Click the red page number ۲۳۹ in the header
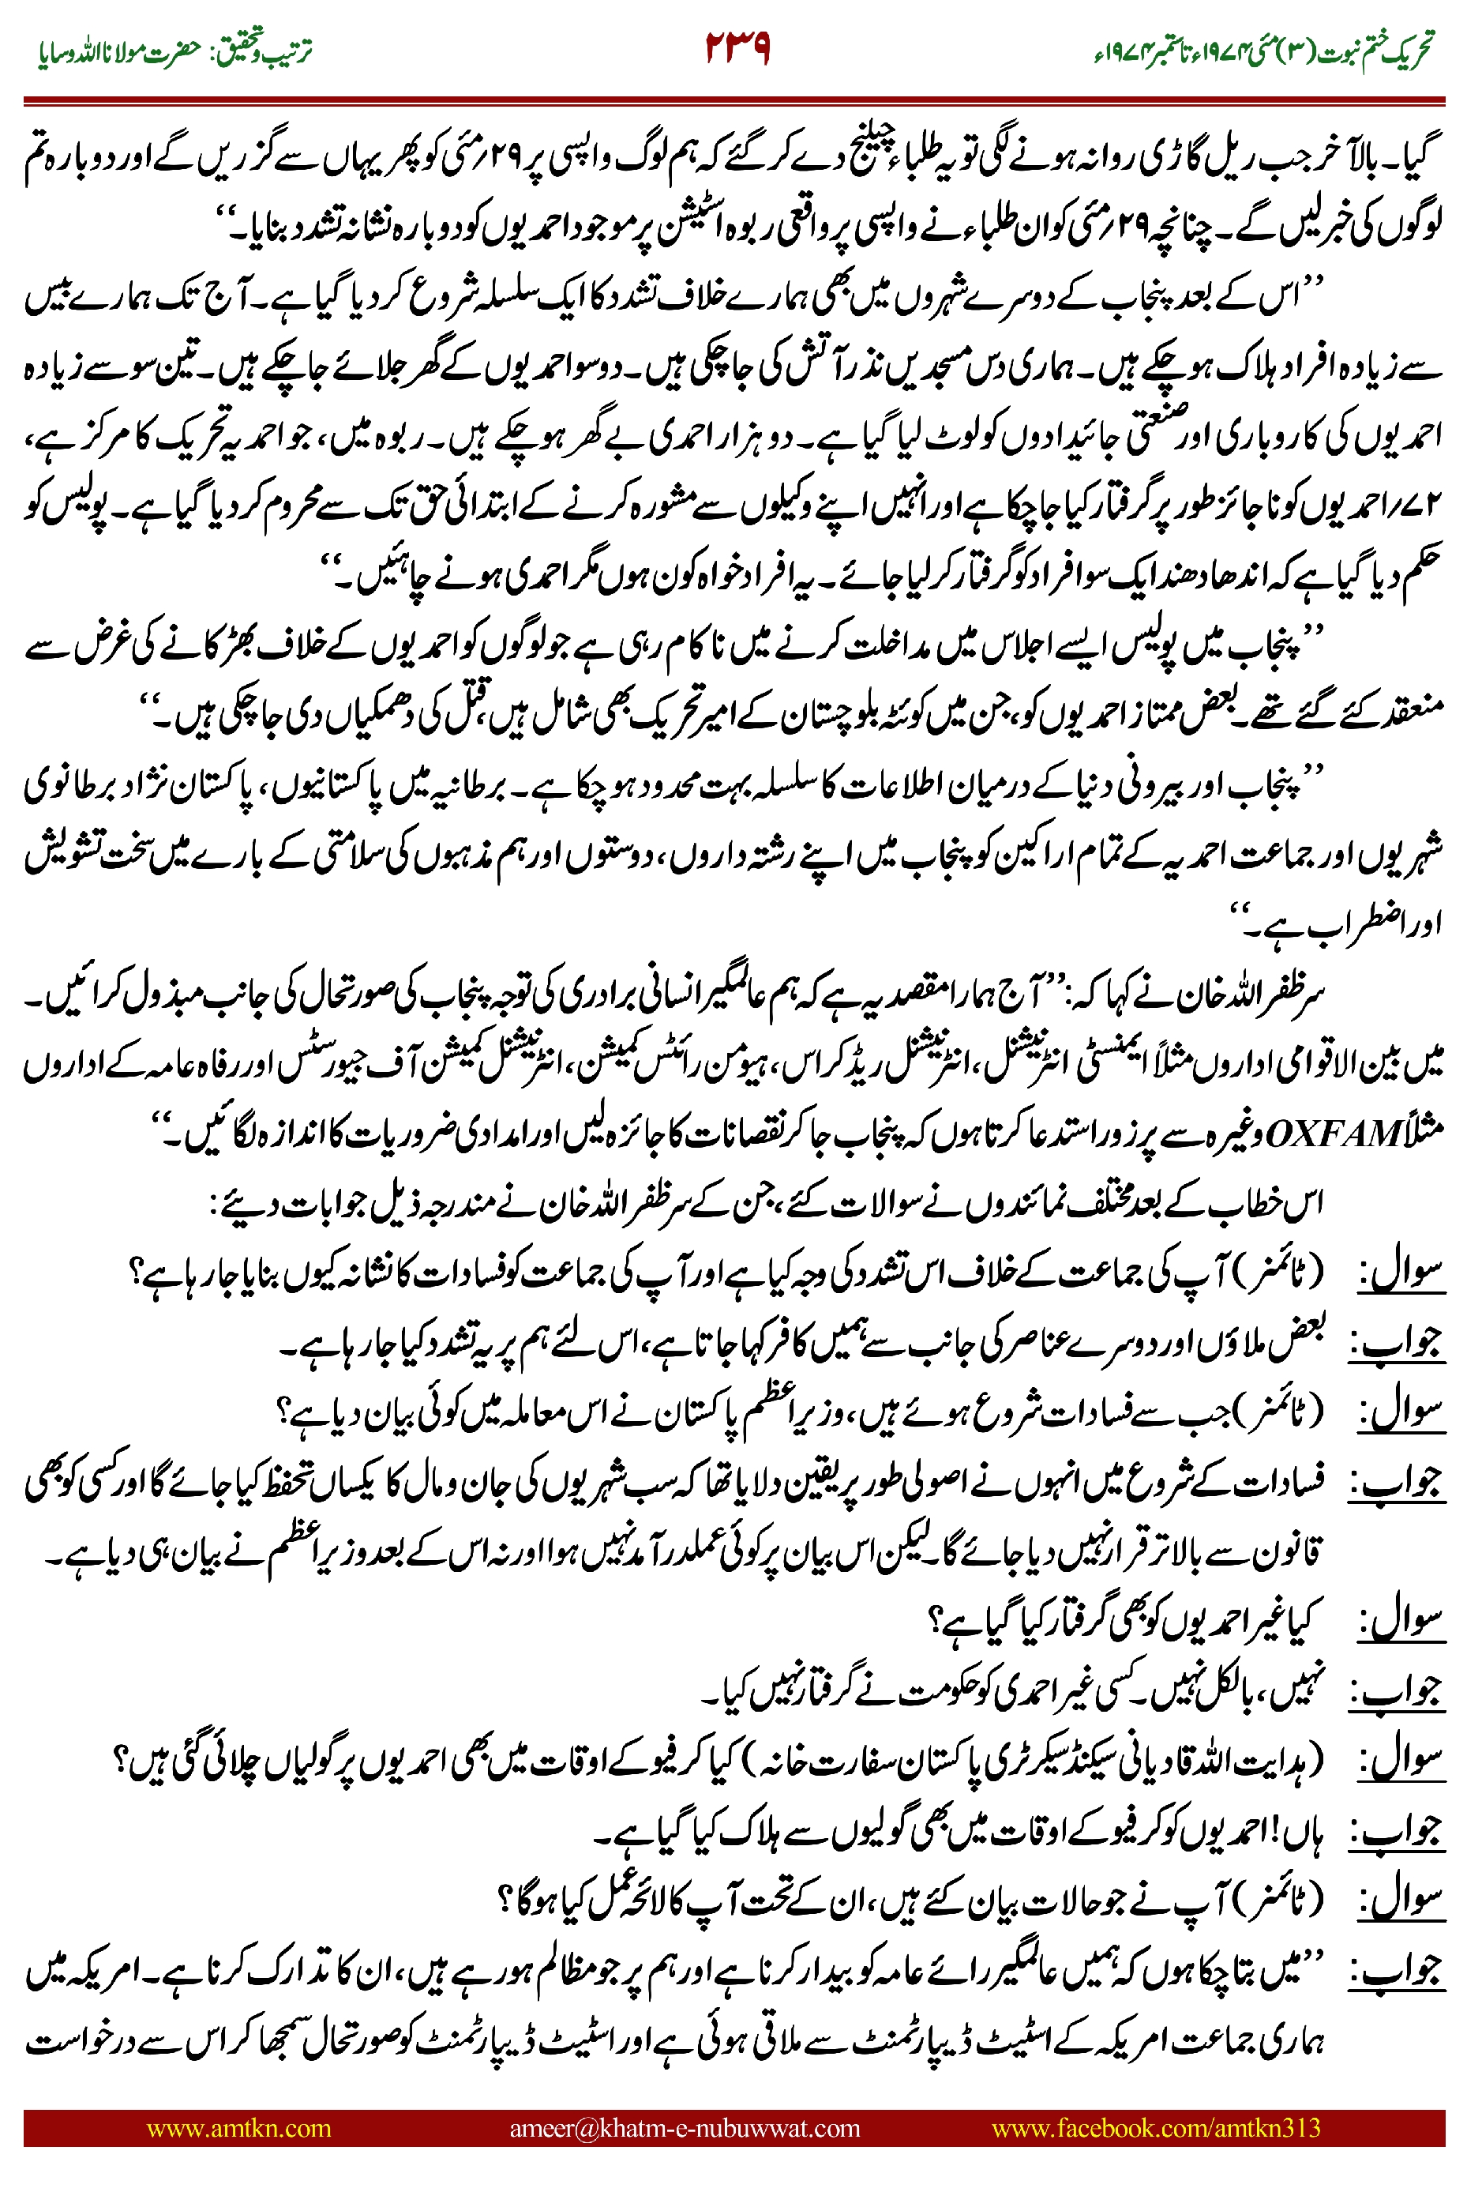coord(737,47)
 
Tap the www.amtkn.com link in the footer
coord(238,2128)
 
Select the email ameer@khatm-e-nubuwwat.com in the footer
coord(684,2128)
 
